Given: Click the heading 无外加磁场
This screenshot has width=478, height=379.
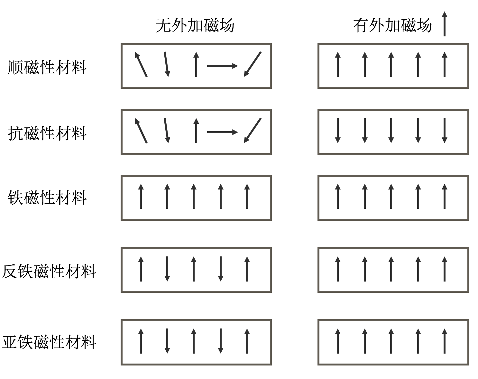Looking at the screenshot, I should [x=195, y=25].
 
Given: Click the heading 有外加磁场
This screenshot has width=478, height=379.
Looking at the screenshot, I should [x=392, y=25].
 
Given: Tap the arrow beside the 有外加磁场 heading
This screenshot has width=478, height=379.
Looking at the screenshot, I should [x=444, y=24].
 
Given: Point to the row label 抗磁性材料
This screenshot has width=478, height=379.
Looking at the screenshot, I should [x=47, y=133].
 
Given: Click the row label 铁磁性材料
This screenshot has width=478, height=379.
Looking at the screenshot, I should [x=47, y=198].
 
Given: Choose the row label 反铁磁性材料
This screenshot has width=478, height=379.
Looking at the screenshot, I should [x=49, y=271].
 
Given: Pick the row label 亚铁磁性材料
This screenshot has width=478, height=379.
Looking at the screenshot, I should [x=49, y=342].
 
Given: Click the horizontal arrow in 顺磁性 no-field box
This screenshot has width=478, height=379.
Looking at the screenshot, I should [x=222, y=66].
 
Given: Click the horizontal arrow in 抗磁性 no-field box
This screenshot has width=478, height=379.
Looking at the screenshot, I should [x=222, y=132].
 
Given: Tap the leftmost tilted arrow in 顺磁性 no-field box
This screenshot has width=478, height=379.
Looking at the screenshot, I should [x=141, y=64].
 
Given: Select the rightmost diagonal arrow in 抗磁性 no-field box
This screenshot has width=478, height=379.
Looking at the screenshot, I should [x=253, y=130].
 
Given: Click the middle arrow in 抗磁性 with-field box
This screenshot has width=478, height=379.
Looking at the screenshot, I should [x=391, y=130].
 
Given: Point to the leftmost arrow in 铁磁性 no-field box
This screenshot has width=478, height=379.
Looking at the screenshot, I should [x=141, y=196].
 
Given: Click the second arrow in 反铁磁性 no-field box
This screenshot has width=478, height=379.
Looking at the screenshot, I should [x=167, y=269].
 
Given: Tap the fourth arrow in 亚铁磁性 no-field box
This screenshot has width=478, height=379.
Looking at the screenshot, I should [x=221, y=341].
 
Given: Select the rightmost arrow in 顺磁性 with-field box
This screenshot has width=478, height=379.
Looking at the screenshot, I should [x=445, y=64].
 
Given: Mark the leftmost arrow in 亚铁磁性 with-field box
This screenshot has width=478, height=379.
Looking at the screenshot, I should [x=338, y=341].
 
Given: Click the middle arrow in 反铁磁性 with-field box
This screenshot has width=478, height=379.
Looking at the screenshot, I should [x=391, y=269].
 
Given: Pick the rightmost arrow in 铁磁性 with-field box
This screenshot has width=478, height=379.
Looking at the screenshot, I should [x=445, y=196].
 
